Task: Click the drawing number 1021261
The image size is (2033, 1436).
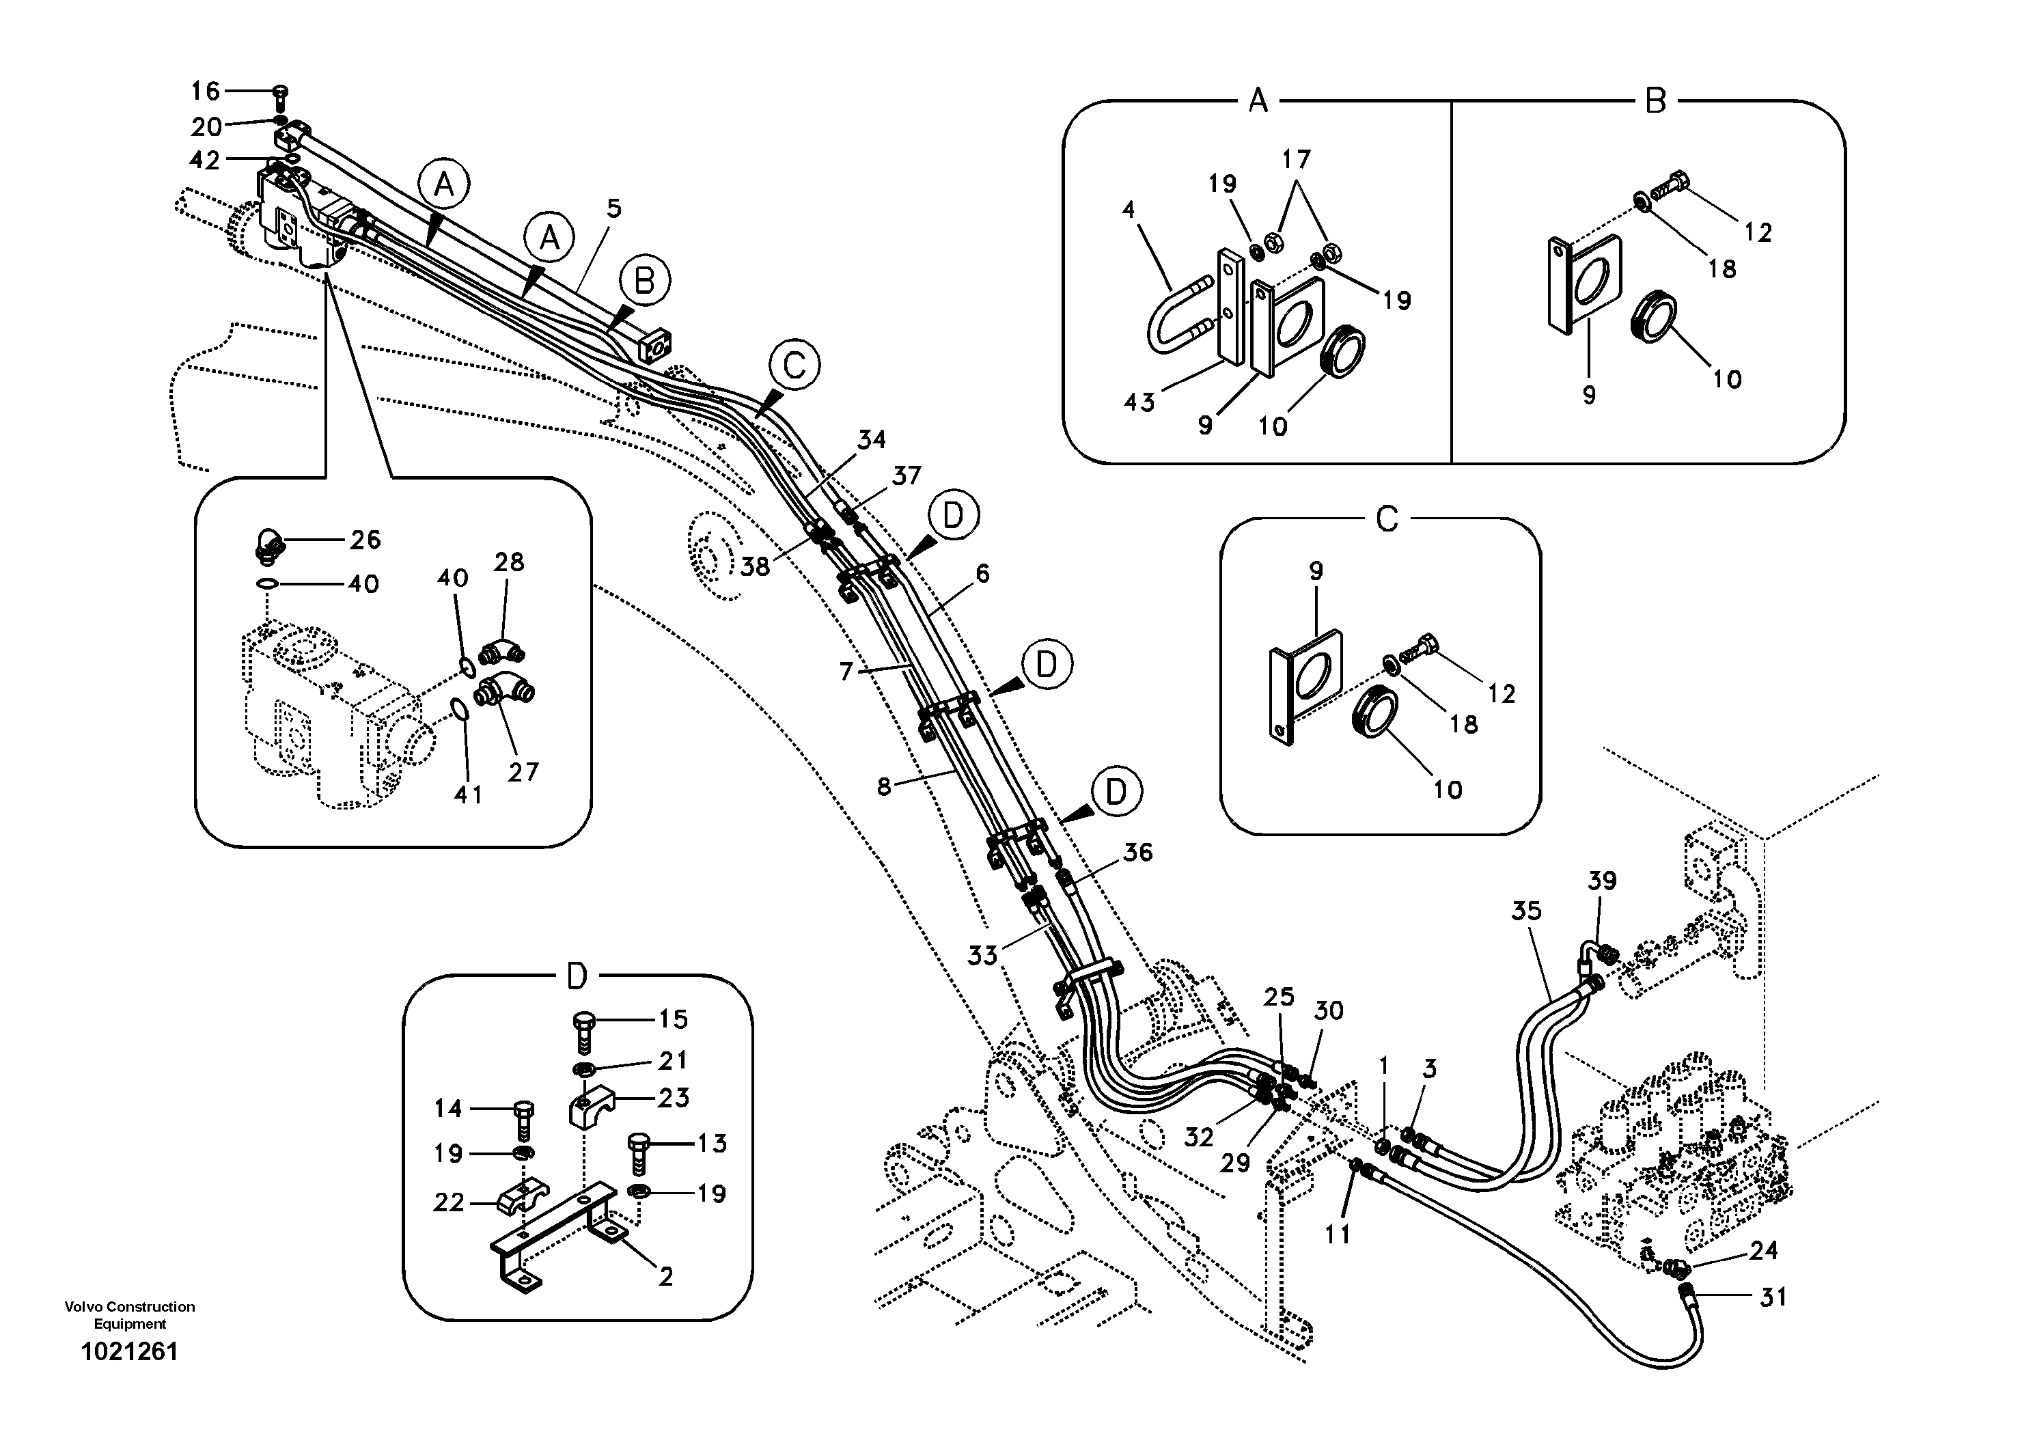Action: pyautogui.click(x=129, y=1352)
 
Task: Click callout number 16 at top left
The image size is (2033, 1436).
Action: pyautogui.click(x=206, y=90)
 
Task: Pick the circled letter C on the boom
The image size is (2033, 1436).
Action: pyautogui.click(x=794, y=365)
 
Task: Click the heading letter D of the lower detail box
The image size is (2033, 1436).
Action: pyautogui.click(x=577, y=978)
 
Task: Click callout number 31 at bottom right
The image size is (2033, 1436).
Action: pyautogui.click(x=1773, y=1297)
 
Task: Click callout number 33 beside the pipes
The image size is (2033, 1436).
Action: pyautogui.click(x=982, y=955)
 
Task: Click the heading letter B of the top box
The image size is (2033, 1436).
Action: pyautogui.click(x=1655, y=101)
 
